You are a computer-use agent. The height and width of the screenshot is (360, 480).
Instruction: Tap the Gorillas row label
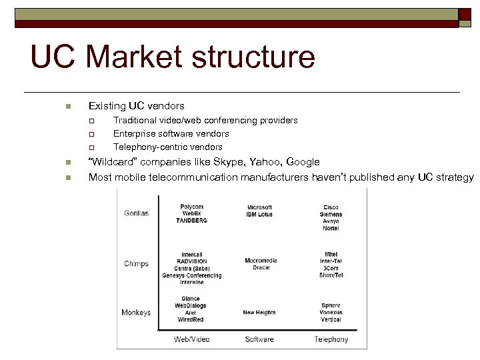[x=136, y=213]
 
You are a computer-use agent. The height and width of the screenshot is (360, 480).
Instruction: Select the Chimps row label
[x=136, y=264]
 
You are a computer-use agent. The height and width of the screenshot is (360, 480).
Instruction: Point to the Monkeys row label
[x=136, y=313]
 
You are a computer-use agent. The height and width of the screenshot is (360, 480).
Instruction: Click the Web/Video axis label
[x=192, y=339]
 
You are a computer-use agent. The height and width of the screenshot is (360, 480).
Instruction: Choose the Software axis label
[x=259, y=339]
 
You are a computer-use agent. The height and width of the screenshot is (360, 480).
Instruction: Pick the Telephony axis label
[x=331, y=339]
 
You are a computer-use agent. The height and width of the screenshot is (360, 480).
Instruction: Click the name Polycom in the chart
[x=192, y=206]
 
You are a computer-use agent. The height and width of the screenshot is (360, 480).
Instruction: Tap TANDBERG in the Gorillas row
[x=192, y=220]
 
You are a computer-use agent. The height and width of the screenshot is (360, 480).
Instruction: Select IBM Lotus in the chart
[x=259, y=215]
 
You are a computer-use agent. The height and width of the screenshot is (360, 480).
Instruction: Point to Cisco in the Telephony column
[x=331, y=207]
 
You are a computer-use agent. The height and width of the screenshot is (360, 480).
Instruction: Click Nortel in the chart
[x=331, y=229]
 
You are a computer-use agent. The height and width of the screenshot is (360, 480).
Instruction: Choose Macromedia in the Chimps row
[x=261, y=261]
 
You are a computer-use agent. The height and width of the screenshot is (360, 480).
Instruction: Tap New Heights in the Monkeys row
[x=259, y=313]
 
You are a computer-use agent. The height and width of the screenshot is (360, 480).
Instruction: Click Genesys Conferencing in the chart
[x=192, y=275]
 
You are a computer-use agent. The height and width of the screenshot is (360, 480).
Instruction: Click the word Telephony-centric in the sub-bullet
[x=148, y=147]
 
